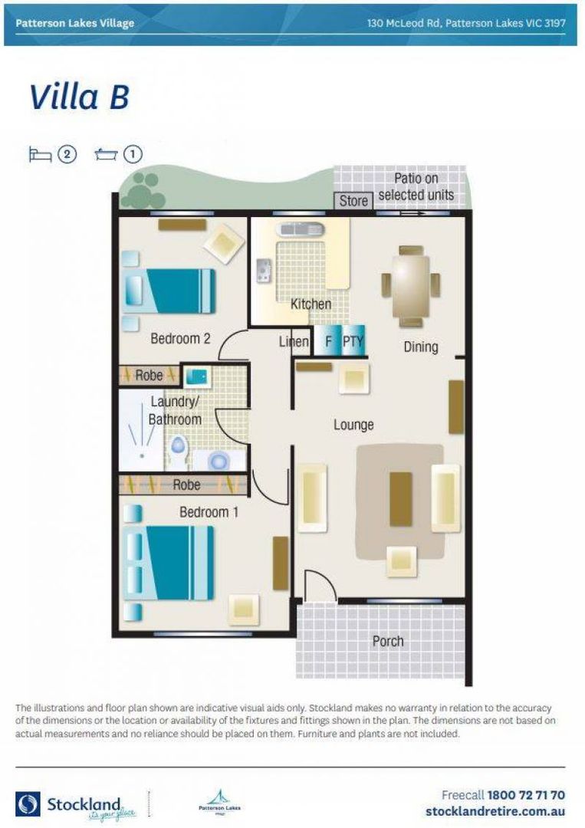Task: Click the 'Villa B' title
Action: pos(79,98)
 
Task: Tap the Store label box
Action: pos(353,201)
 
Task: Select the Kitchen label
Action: pos(311,304)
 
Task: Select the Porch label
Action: pos(388,641)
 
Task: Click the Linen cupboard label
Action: pos(294,342)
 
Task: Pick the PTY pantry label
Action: pos(352,342)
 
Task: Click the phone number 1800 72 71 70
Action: pos(526,795)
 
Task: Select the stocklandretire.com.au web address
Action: pos(495,811)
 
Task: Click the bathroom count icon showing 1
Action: pos(120,154)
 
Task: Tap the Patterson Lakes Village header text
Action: pos(74,23)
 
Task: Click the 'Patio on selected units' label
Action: pos(416,187)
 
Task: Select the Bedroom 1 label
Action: pos(209,511)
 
